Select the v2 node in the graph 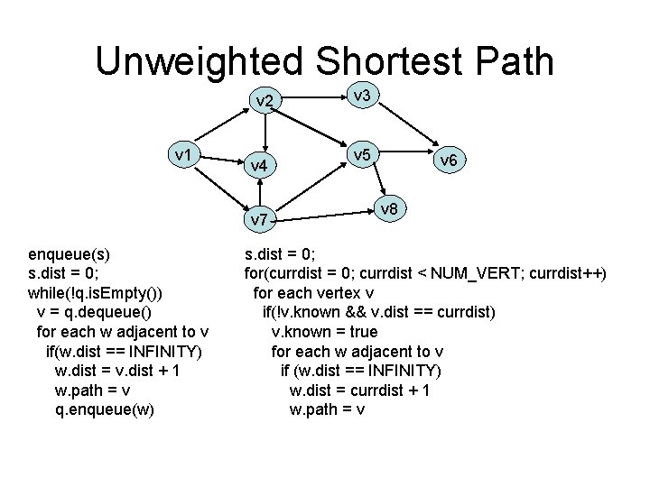[x=265, y=100]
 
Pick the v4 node [x=259, y=165]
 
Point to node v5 [x=363, y=155]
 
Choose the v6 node [x=449, y=160]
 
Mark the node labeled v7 [x=259, y=219]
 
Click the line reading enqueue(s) [x=70, y=253]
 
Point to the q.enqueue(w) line [x=104, y=410]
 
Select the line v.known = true [x=325, y=332]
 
